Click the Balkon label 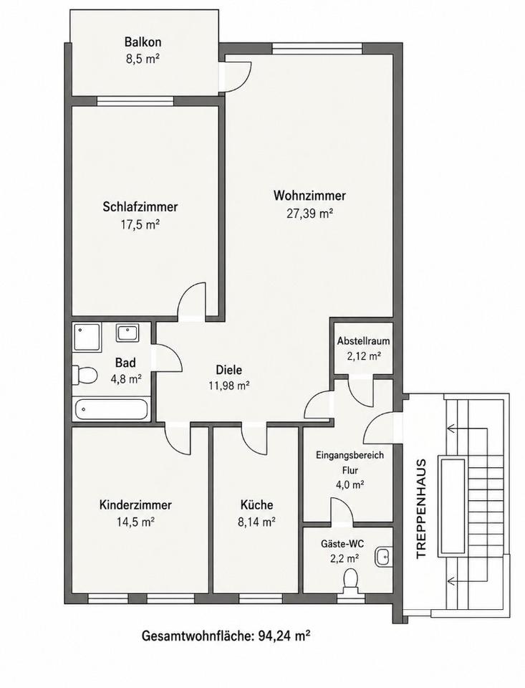tap(143, 42)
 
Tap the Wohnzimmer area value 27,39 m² tap(309, 214)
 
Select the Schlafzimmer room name tap(140, 206)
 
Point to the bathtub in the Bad tap(112, 409)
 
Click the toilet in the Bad tap(85, 375)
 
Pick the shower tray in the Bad tap(87, 337)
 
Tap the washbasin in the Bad tap(127, 333)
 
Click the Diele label tap(229, 370)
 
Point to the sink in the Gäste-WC tap(382, 558)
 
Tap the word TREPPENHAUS tap(421, 508)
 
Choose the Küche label tap(256, 505)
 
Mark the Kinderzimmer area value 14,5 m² tap(136, 522)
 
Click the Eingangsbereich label tap(350, 454)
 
